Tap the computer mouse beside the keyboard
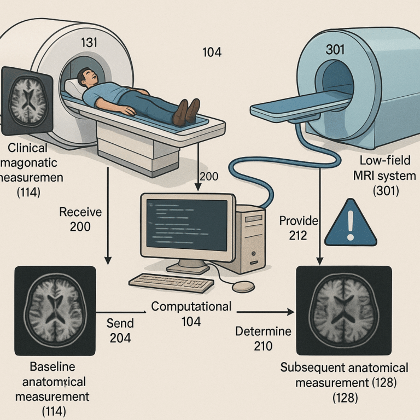click(243, 287)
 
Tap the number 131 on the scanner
click(90, 42)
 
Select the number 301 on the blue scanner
click(335, 49)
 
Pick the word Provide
click(299, 221)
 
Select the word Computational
click(191, 307)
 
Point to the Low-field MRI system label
click(380, 169)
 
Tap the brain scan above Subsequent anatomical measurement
click(343, 310)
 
